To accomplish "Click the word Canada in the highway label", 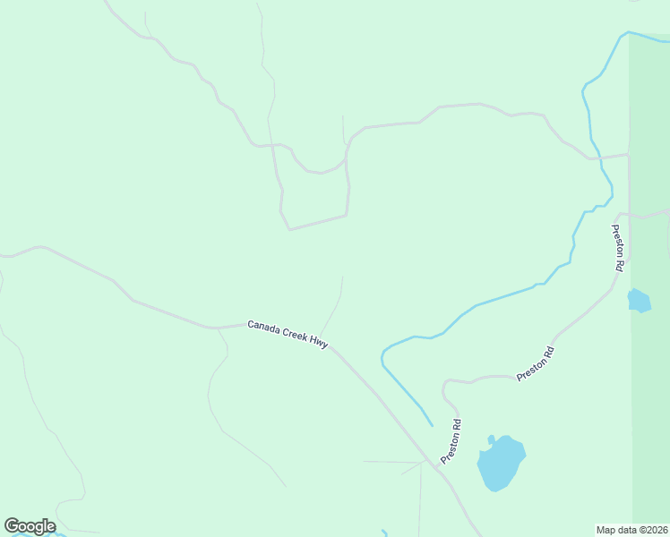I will click(264, 326).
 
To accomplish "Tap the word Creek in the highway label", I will click(296, 333).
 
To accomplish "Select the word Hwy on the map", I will click(320, 341).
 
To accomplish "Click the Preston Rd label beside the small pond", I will click(618, 247).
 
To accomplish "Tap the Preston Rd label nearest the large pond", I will click(451, 441).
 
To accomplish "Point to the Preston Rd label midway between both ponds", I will click(536, 364).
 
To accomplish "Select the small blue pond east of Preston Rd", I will click(639, 300).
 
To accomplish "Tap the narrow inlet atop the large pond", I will click(491, 440).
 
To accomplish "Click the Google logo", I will click(30, 526).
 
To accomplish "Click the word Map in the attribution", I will click(606, 530).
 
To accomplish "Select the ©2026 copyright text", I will click(654, 530).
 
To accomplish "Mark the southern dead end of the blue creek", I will click(432, 425).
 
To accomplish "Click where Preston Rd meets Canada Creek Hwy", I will click(438, 468).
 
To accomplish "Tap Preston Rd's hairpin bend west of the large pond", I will click(444, 387).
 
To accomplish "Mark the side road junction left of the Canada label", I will click(217, 328).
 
